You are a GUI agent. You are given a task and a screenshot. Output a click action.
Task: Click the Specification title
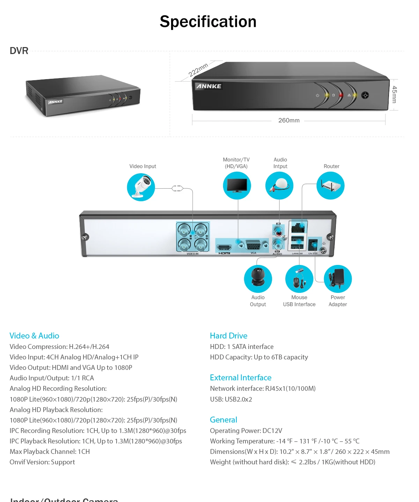[x=208, y=22]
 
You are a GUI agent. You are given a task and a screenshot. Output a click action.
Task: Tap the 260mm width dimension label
[x=289, y=120]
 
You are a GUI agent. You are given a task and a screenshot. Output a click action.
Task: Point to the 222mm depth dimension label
[x=198, y=70]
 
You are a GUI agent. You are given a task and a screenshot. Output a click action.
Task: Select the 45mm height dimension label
[x=394, y=94]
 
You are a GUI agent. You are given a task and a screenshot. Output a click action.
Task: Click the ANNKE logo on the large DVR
[x=208, y=86]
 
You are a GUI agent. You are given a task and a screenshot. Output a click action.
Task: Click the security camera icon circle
[x=141, y=187]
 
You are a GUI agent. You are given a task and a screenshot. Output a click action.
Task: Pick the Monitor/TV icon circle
[x=237, y=185]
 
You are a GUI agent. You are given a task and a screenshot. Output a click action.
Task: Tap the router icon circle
[x=330, y=185]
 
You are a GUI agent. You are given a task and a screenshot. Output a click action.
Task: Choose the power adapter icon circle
[x=338, y=279]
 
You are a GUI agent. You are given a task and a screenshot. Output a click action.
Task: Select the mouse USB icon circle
[x=299, y=279]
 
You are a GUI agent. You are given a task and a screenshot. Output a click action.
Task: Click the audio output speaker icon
[x=258, y=279]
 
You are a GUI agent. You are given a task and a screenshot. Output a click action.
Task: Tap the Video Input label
[x=142, y=166]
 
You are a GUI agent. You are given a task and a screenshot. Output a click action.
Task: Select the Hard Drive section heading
[x=229, y=336]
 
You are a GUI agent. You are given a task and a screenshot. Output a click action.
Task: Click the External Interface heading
[x=241, y=378]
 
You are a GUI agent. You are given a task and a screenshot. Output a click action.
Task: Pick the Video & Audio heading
[x=34, y=336]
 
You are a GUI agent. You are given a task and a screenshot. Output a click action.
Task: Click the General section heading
[x=223, y=420]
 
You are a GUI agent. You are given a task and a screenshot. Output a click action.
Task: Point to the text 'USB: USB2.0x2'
[x=231, y=399]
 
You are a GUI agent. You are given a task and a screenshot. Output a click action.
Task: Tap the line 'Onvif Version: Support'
[x=42, y=462]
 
